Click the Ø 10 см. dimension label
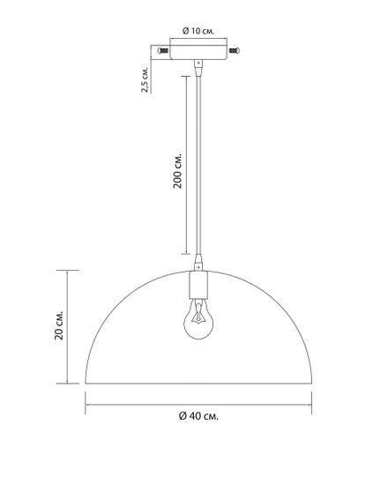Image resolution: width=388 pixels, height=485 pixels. [198, 31]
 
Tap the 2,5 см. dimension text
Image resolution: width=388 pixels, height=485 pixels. [145, 78]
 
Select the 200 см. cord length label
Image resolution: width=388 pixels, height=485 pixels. [177, 170]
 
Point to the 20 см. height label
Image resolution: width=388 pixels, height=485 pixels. [59, 325]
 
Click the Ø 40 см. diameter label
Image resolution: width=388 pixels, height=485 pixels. [198, 416]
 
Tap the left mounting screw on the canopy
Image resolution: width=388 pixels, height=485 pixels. [163, 50]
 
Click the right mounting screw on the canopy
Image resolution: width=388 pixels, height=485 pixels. [235, 50]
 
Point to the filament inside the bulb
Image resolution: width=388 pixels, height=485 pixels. [198, 314]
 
